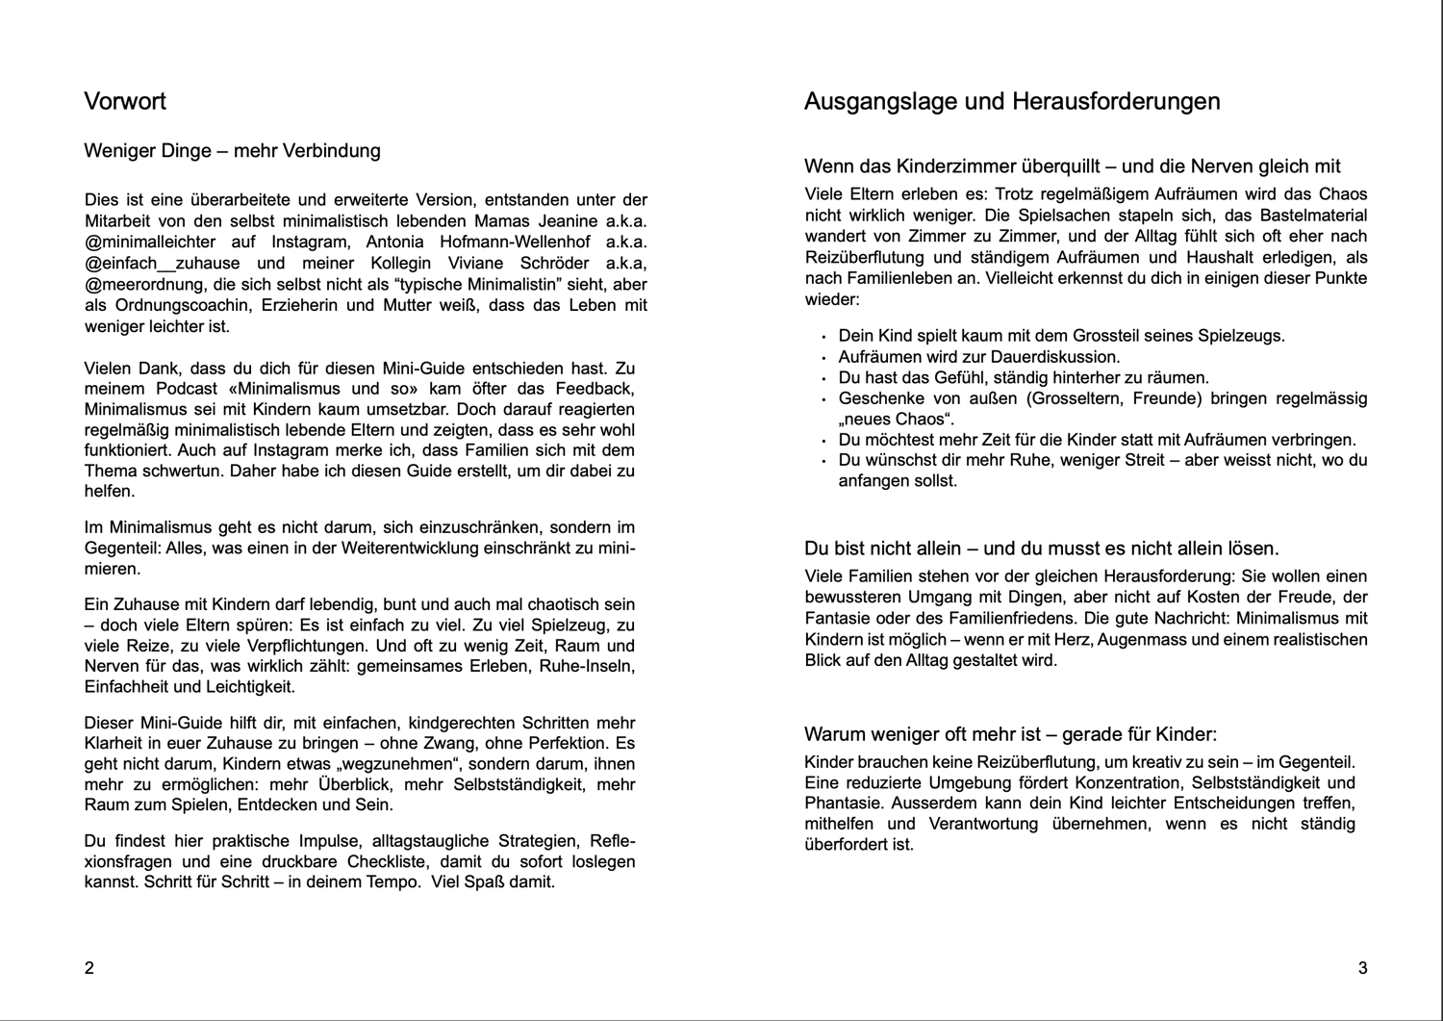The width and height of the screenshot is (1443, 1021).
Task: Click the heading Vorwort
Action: pos(125,102)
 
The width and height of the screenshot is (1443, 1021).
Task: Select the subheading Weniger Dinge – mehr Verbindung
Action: pos(232,151)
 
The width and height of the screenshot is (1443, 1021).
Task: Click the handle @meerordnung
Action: pos(142,284)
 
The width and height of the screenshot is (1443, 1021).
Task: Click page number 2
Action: pos(89,968)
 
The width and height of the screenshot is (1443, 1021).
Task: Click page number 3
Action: pos(1362,968)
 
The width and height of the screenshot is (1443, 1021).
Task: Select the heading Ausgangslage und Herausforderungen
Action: pos(1012,102)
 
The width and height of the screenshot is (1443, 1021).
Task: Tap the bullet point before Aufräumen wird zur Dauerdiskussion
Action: pos(823,358)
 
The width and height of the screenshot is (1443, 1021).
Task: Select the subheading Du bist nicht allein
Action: pos(1041,549)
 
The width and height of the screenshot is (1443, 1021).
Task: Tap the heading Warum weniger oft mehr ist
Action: pos(1010,735)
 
